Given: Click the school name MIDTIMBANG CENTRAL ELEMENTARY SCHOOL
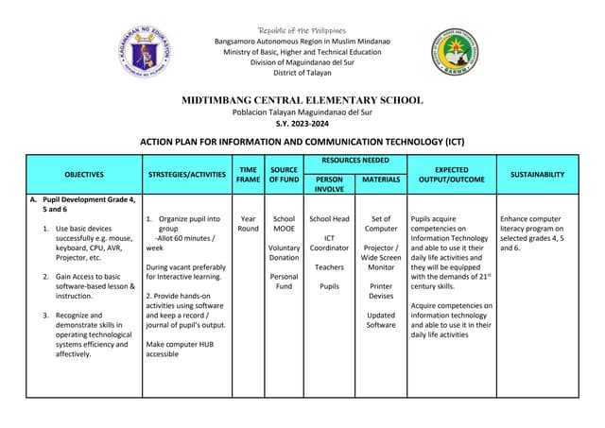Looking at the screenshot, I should click(x=302, y=100).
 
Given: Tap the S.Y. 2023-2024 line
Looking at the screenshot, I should click(x=302, y=123).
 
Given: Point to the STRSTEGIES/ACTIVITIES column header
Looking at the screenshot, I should click(x=187, y=174).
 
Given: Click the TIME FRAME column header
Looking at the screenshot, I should click(x=248, y=173).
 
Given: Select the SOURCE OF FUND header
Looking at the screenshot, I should click(x=283, y=173).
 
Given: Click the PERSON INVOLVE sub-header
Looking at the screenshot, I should click(x=329, y=183).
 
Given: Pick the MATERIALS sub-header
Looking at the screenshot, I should click(x=381, y=179).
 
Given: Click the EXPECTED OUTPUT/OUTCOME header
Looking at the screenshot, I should click(x=452, y=173).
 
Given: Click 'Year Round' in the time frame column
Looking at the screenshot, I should click(x=248, y=224).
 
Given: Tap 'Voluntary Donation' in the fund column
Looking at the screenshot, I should click(x=284, y=252).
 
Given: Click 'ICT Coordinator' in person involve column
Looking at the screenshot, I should click(x=329, y=243).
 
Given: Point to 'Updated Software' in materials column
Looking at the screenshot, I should click(x=381, y=320).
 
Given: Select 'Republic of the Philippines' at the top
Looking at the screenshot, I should click(x=302, y=31).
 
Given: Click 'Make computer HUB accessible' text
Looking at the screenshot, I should click(x=180, y=350).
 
